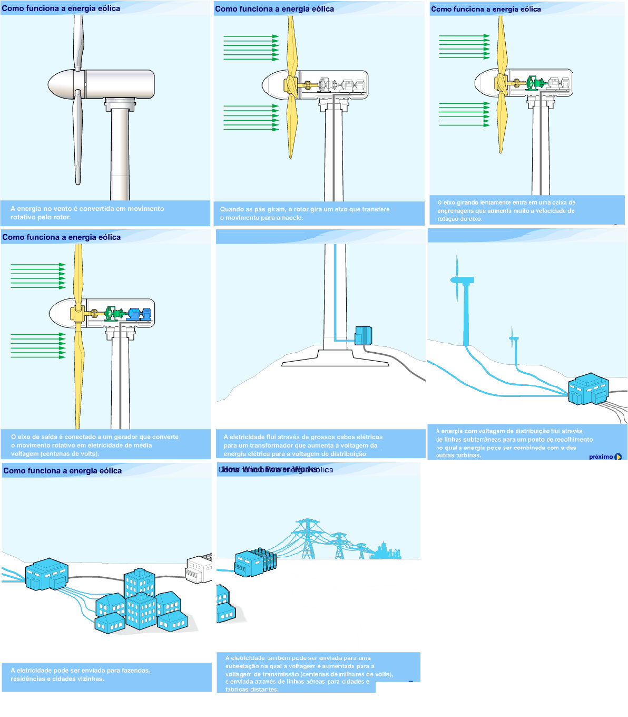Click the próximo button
605,457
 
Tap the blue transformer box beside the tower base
364,335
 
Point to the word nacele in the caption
292,218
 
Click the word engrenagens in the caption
457,211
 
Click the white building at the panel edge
199,569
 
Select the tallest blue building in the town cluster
140,583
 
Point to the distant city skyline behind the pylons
387,551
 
